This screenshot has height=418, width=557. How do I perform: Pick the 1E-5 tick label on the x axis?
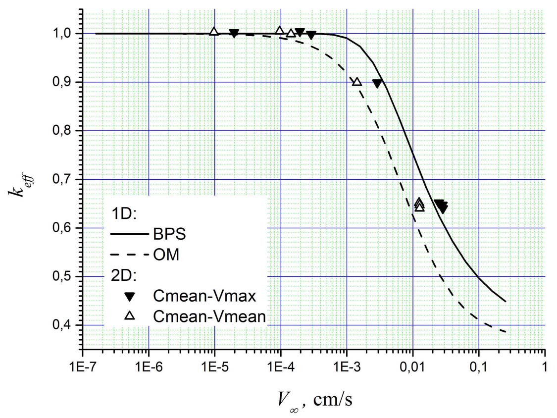click(214, 368)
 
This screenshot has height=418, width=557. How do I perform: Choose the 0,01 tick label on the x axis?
click(412, 368)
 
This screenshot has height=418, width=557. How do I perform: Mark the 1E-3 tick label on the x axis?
click(347, 368)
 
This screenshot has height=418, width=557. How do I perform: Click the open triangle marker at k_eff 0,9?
click(356, 82)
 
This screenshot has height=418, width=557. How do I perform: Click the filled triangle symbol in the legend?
click(129, 297)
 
